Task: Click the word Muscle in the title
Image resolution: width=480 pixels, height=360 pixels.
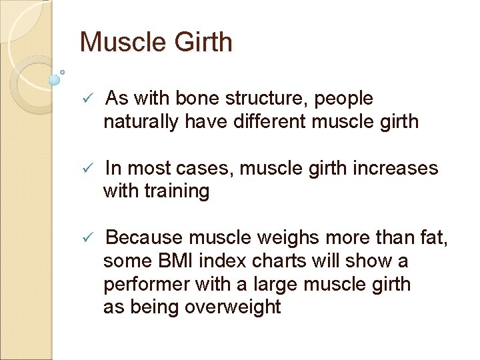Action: click(x=121, y=43)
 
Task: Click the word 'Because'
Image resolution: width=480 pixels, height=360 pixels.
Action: click(x=145, y=237)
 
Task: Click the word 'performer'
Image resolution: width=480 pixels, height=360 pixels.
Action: click(x=146, y=284)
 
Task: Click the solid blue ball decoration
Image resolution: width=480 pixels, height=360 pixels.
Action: click(x=55, y=79)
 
